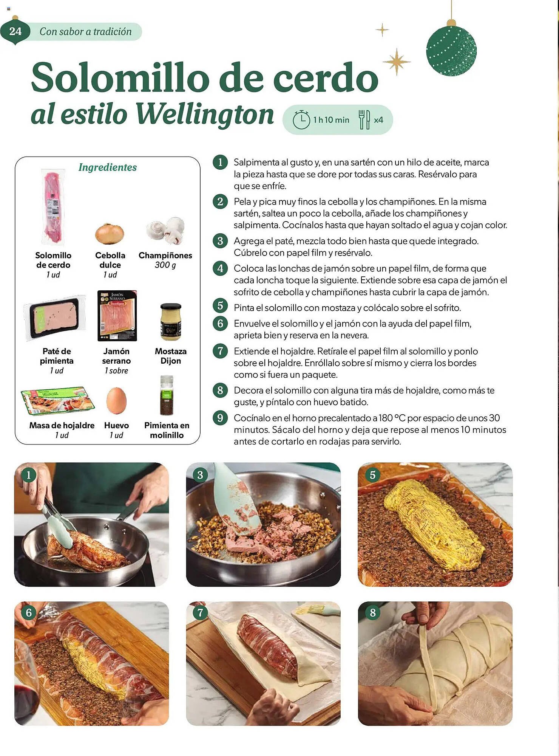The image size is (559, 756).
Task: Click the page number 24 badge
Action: (15, 31)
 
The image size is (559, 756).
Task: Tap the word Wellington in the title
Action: (204, 115)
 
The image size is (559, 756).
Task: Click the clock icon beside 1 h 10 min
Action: (301, 120)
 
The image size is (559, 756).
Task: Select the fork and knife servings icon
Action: (364, 119)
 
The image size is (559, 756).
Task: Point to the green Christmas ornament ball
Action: (451, 51)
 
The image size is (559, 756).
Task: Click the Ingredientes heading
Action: (108, 167)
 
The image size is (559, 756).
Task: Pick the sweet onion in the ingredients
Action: (110, 234)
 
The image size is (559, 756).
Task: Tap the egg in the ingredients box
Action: (116, 401)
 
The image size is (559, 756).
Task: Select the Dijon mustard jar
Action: (171, 322)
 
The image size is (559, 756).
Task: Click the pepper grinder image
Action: (167, 395)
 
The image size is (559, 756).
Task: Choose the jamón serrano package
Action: (117, 316)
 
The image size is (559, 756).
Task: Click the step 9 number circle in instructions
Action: (220, 418)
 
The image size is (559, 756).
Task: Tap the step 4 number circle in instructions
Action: (220, 268)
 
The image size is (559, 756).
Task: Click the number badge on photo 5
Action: (372, 475)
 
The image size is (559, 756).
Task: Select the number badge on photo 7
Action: (200, 613)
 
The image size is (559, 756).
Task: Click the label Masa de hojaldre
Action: (62, 425)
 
